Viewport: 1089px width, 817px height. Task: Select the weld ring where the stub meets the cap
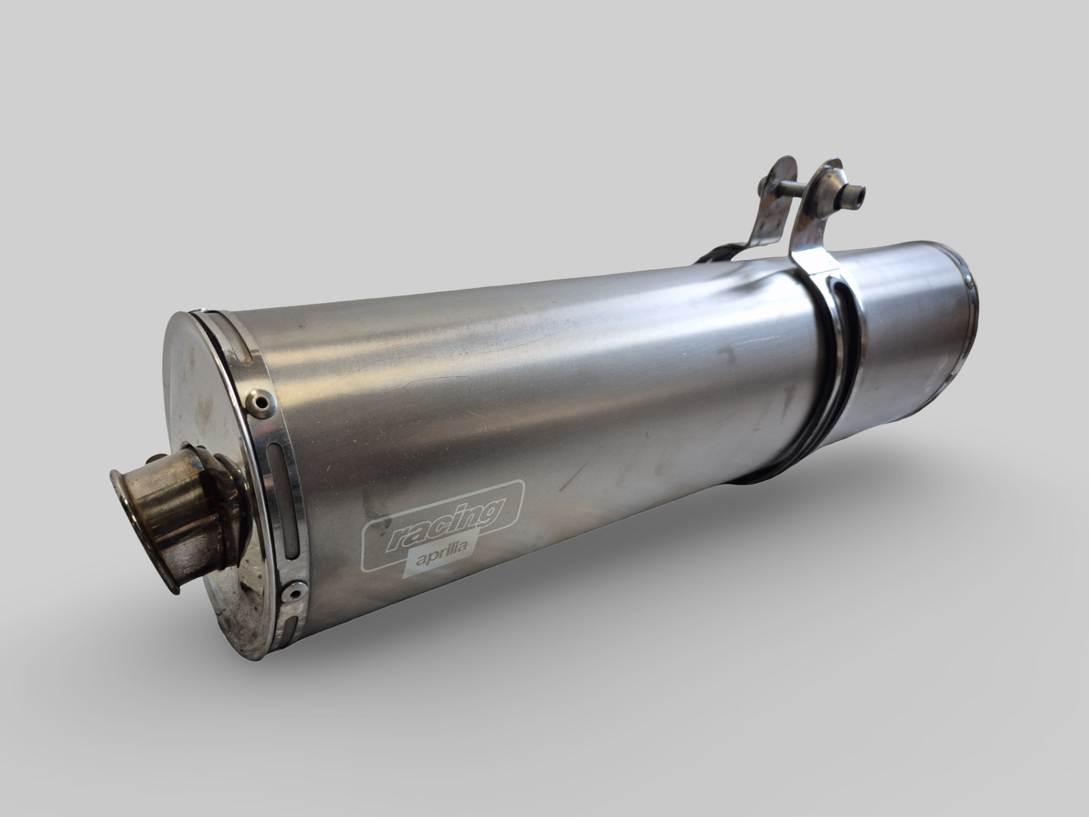(215, 490)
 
